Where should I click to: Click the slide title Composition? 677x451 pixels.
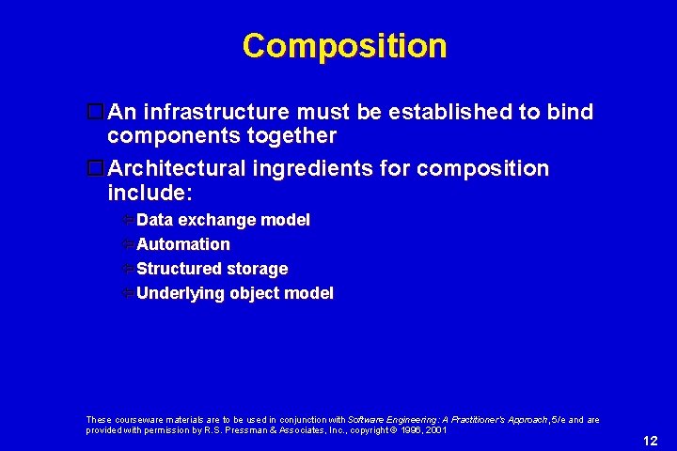click(x=344, y=45)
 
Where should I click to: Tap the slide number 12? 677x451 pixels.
click(x=650, y=440)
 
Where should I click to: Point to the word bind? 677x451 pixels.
click(x=571, y=113)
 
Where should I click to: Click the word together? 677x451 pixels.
click(x=291, y=136)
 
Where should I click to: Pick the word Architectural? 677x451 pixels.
click(x=177, y=169)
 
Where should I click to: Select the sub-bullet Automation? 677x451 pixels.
click(x=183, y=244)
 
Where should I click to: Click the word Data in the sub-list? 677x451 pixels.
click(x=155, y=220)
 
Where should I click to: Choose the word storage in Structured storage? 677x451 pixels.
click(x=256, y=269)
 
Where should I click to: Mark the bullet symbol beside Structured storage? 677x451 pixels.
click(x=127, y=269)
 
